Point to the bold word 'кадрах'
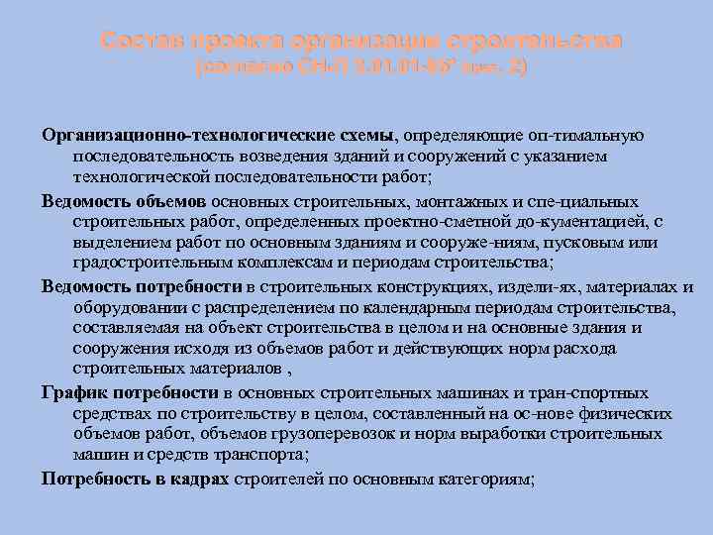pyautogui.click(x=202, y=478)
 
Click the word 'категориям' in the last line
pyautogui.click(x=482, y=478)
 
